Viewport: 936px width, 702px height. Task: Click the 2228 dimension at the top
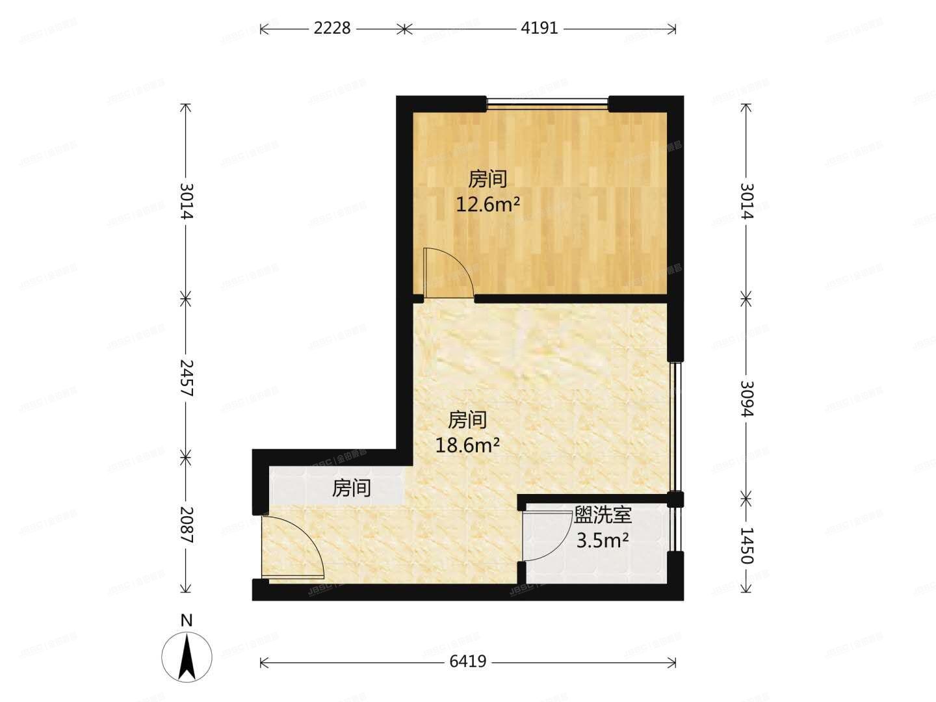click(331, 28)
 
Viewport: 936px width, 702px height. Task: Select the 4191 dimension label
click(539, 28)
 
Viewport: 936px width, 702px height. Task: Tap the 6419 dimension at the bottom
click(467, 662)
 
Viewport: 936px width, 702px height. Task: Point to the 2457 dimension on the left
click(186, 377)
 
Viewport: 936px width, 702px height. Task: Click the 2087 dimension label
click(186, 525)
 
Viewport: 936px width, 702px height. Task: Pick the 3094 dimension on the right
click(746, 398)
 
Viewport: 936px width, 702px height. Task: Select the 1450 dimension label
click(746, 545)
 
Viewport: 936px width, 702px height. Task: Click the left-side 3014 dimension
click(186, 200)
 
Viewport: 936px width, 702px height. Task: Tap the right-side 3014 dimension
click(746, 200)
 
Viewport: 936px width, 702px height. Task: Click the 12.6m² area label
click(487, 205)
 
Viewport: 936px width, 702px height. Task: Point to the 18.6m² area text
click(467, 445)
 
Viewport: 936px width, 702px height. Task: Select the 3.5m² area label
click(602, 539)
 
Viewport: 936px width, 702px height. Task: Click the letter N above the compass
click(187, 620)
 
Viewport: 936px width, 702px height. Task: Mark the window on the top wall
click(547, 103)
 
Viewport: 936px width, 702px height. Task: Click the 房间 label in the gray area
click(351, 488)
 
